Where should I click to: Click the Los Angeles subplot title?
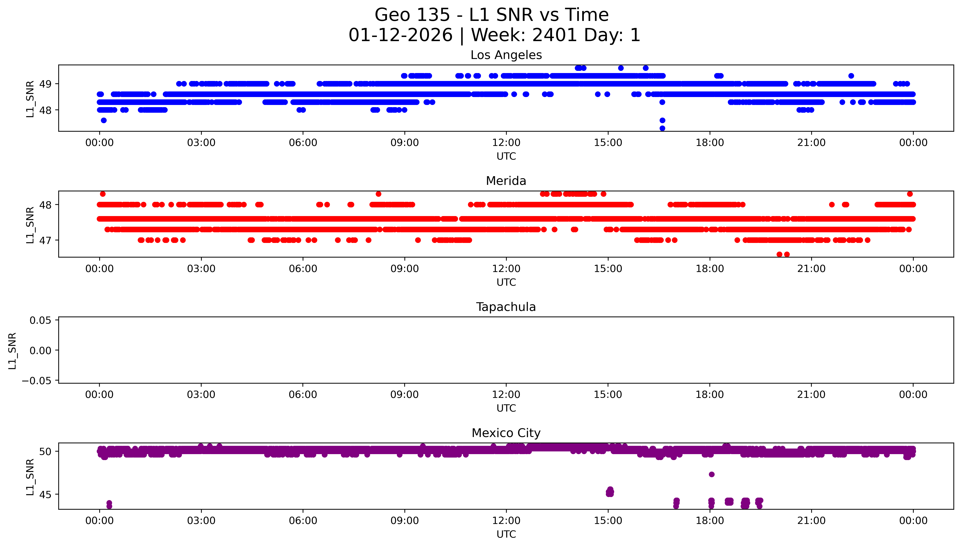coord(506,55)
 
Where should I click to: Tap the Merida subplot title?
coord(506,181)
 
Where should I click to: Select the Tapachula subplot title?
coord(506,307)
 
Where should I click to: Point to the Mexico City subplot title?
coord(506,433)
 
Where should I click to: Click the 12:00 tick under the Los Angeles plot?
coord(506,143)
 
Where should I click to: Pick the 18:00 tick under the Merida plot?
coord(710,269)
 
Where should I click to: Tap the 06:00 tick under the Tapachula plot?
coord(303,394)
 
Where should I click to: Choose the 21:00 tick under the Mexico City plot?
coord(811,521)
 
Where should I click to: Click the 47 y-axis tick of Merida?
coord(45,240)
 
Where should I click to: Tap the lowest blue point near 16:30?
coord(662,128)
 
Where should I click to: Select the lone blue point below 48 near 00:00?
coord(104,120)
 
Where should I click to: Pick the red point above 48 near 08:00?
coord(378,194)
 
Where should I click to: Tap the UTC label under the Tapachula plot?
coord(506,408)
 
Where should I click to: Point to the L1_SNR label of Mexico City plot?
coord(30,477)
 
